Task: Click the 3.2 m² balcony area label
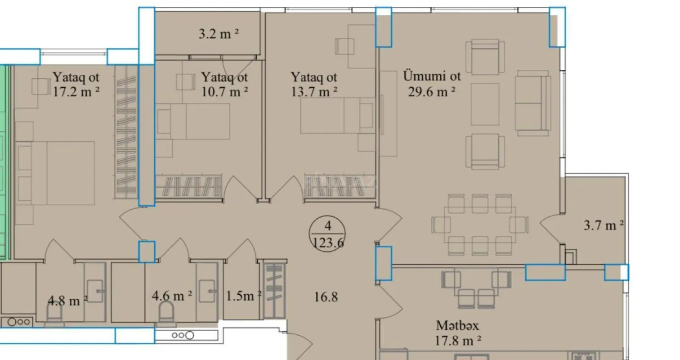point(219,34)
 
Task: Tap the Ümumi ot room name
point(432,76)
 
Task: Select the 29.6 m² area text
point(432,92)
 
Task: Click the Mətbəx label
point(457,325)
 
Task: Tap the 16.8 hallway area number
point(326,297)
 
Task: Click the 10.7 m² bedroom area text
point(224,92)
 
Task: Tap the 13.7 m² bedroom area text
point(314,92)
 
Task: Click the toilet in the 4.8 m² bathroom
point(55,310)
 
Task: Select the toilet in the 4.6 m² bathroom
point(166,310)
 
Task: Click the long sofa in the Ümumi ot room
point(533,103)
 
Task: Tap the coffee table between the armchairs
point(485,104)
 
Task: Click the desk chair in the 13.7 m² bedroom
point(344,46)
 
